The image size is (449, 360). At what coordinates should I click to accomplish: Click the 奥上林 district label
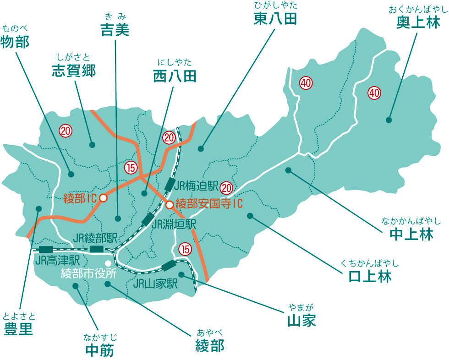pyautogui.click(x=418, y=23)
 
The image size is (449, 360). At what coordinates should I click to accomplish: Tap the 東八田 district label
pyautogui.click(x=275, y=19)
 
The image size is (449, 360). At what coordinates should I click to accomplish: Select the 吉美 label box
pyautogui.click(x=115, y=30)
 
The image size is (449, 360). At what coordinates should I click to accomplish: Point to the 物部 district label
pyautogui.click(x=15, y=42)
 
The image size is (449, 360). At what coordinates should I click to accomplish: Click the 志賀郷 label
pyautogui.click(x=73, y=70)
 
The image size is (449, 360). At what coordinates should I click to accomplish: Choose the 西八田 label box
pyautogui.click(x=174, y=76)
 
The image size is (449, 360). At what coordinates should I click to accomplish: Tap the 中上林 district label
pyautogui.click(x=411, y=235)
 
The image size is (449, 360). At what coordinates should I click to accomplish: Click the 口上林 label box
pyautogui.click(x=369, y=276)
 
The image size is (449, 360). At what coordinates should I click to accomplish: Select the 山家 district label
pyautogui.click(x=301, y=320)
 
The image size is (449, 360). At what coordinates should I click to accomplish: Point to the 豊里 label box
pyautogui.click(x=19, y=329)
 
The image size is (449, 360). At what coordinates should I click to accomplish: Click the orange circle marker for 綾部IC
pyautogui.click(x=104, y=198)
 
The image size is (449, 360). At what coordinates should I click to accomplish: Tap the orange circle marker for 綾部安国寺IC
pyautogui.click(x=170, y=205)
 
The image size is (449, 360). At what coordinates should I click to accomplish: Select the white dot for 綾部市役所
pyautogui.click(x=108, y=263)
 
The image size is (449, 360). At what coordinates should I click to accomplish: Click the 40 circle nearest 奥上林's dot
pyautogui.click(x=374, y=93)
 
